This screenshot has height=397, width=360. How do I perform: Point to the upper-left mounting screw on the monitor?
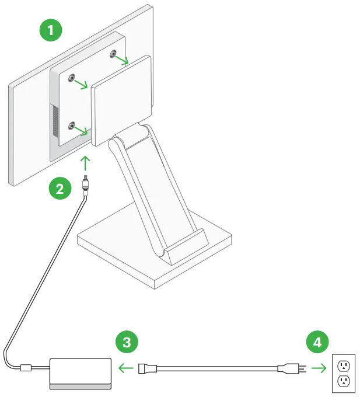pos(71,79)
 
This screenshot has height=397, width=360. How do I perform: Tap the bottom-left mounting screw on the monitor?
pos(72,126)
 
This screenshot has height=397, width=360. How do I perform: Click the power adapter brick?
pos(81,372)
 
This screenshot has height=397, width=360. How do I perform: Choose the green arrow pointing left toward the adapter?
pos(124,368)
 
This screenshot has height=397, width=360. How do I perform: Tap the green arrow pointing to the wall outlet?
pos(318,368)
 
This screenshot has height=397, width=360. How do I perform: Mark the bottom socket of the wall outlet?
pos(344,382)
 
